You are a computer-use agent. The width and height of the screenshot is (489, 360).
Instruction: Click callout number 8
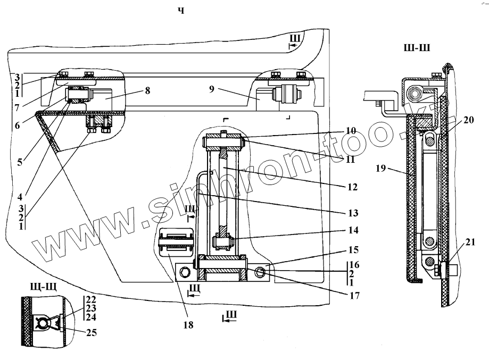pyautogui.click(x=147, y=91)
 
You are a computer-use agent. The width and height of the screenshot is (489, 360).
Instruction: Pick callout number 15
pyautogui.click(x=354, y=249)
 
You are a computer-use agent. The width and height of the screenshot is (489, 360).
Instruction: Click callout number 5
pyautogui.click(x=19, y=160)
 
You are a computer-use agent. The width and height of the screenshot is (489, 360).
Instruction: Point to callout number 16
pyautogui.click(x=354, y=264)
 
